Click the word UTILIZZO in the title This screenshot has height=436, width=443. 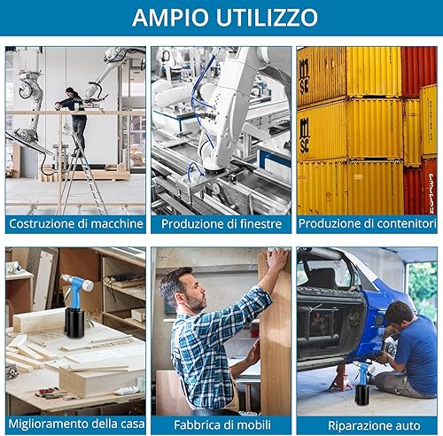268,18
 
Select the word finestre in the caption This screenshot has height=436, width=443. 260,223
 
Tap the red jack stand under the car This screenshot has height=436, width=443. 342,378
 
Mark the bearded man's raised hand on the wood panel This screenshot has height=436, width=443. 276,260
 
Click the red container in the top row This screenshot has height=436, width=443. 419,71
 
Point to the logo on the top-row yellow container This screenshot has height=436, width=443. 304,77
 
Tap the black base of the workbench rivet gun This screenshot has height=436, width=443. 74,323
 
